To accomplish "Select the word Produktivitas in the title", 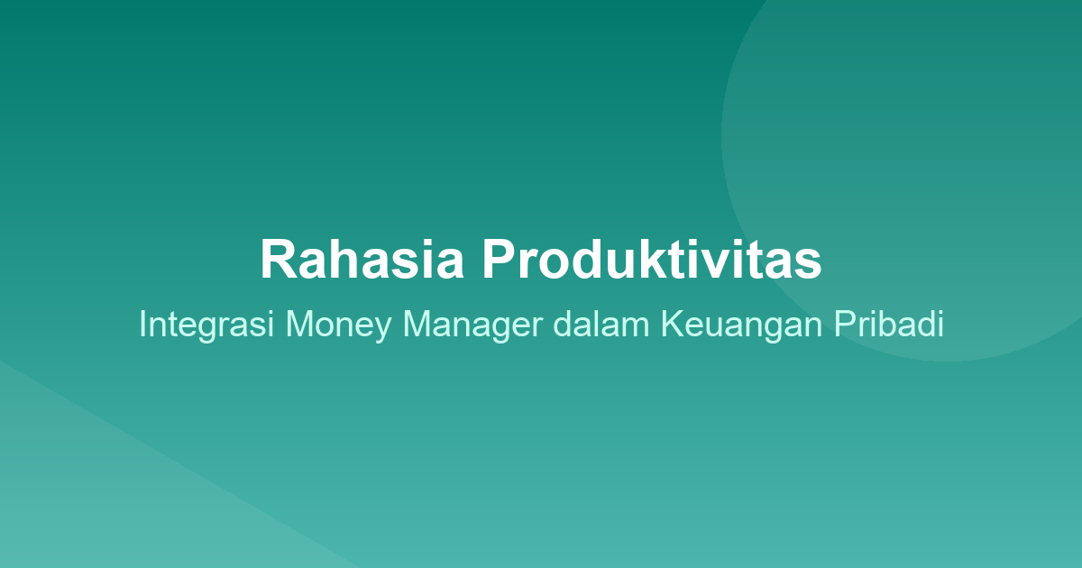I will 651,260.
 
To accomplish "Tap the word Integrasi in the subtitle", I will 207,325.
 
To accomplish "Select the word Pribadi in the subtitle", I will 888,325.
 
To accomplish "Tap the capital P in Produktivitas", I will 498,260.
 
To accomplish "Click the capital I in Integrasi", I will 142,325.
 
